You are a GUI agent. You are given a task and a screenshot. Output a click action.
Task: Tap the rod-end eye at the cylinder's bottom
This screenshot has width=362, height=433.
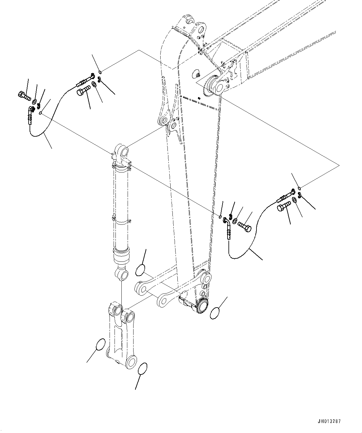[x=122, y=275]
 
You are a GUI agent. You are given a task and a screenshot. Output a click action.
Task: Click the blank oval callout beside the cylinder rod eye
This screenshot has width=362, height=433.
[x=140, y=270]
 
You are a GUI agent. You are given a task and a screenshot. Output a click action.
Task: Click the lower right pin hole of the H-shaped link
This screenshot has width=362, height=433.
[x=132, y=362]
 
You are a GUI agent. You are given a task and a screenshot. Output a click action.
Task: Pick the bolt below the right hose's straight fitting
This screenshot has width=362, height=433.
[x=283, y=206]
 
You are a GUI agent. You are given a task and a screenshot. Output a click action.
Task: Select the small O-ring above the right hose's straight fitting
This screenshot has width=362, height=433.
[x=299, y=188]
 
